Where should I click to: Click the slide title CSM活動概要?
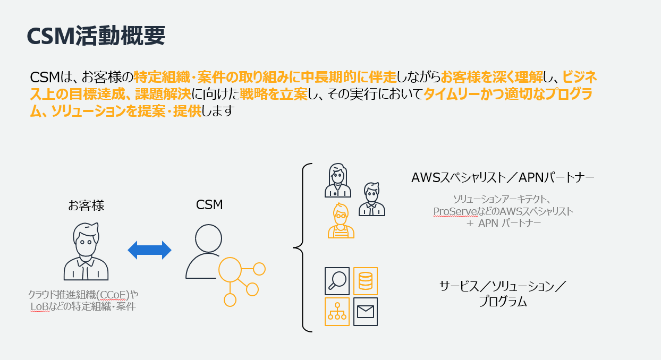[96, 36]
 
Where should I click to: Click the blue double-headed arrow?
[150, 250]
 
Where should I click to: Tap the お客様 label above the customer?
[86, 205]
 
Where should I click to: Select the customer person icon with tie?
[86, 252]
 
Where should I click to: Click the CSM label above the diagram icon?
[209, 205]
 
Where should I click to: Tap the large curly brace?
[302, 247]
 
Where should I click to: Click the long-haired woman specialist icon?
[337, 181]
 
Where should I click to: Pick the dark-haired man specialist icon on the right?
[371, 200]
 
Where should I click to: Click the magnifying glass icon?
[337, 280]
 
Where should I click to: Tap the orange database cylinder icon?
[365, 280]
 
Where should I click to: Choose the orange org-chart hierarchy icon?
[337, 311]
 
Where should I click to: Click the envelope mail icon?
[365, 311]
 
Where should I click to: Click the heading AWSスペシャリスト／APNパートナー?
[503, 177]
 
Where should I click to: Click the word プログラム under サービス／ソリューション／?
[502, 302]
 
